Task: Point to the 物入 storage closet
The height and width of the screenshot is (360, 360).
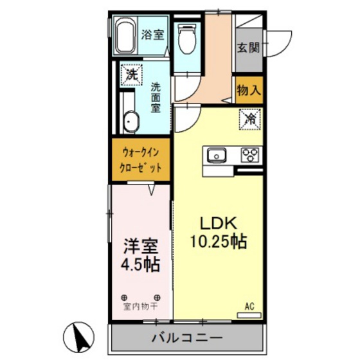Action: [x=249, y=90]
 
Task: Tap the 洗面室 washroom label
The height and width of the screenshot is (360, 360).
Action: [x=156, y=97]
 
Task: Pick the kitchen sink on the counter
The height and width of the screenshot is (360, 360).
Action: [x=215, y=155]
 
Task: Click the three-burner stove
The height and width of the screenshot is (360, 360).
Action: [x=249, y=155]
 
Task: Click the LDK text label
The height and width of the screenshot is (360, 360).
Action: [x=218, y=225]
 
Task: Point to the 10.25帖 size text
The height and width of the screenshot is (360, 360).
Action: [x=218, y=243]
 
